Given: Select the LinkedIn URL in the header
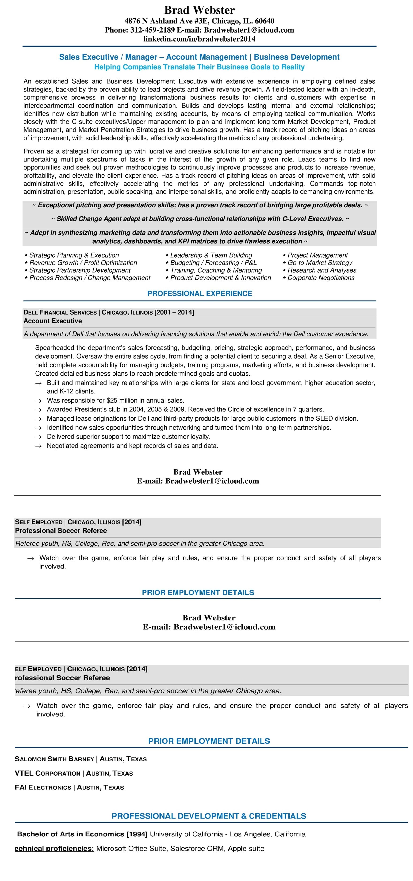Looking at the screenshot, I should click(199, 39).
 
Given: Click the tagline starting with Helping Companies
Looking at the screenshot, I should click(199, 67).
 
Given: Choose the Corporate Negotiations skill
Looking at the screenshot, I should click(321, 278).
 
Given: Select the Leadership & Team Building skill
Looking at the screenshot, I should click(211, 255).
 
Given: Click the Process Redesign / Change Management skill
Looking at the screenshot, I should click(90, 278).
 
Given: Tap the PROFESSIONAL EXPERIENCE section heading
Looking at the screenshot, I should click(200, 293).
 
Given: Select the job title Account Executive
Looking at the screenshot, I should click(53, 321).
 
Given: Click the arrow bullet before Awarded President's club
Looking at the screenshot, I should click(39, 410).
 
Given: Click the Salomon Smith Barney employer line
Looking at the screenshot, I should click(81, 759).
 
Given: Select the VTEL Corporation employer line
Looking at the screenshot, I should click(74, 773).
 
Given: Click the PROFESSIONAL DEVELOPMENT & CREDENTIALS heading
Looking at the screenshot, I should click(209, 816).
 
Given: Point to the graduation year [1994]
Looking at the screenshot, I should click(137, 834).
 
